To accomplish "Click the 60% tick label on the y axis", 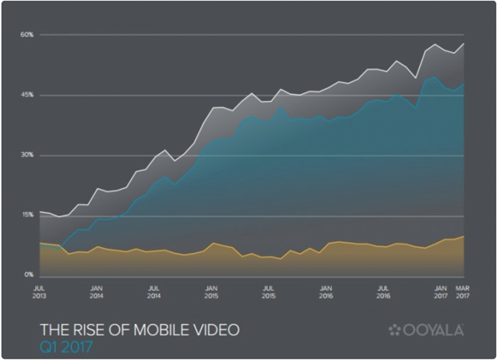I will pyautogui.click(x=27, y=35).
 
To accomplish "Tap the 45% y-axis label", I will pyautogui.click(x=27, y=95).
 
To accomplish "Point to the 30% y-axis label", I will pyautogui.click(x=27, y=155).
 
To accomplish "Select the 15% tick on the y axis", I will pyautogui.click(x=27, y=215).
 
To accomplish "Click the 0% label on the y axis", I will pyautogui.click(x=28, y=274).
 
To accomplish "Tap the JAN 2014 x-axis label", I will pyautogui.click(x=96, y=292).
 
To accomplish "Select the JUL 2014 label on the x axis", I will pyautogui.click(x=154, y=292).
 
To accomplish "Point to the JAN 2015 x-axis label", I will pyautogui.click(x=211, y=292).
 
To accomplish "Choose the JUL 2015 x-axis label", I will pyautogui.click(x=268, y=292).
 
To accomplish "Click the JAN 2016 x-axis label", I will pyautogui.click(x=326, y=292).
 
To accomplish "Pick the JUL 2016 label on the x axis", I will pyautogui.click(x=383, y=292).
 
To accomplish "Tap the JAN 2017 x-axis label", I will pyautogui.click(x=441, y=292).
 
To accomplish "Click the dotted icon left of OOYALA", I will pyautogui.click(x=395, y=330).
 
